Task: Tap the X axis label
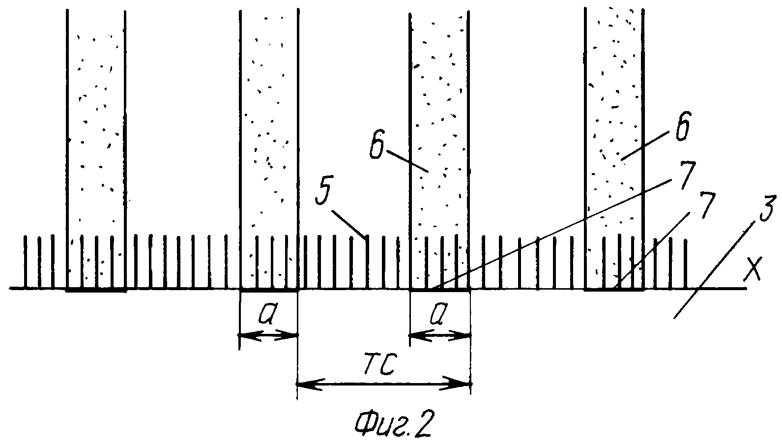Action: click(x=753, y=270)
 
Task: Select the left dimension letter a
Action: click(x=267, y=319)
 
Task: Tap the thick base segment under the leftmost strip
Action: click(x=96, y=290)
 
